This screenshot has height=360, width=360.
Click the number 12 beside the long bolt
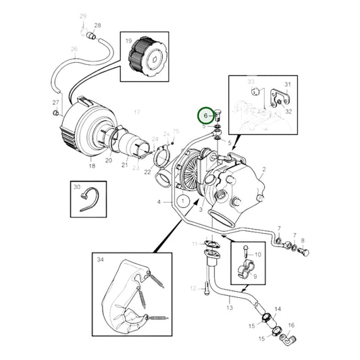tap(192, 288)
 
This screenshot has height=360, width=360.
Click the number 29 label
tap(83, 16)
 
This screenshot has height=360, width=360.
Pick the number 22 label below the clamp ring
tap(148, 172)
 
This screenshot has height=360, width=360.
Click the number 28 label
tap(97, 26)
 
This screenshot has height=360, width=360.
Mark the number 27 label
tap(57, 103)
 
